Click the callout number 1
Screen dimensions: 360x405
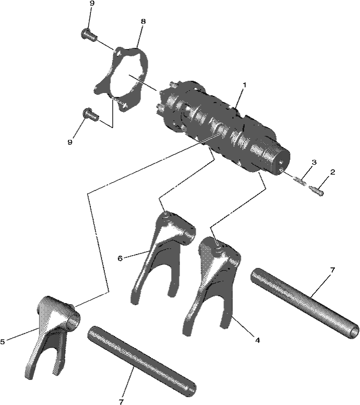(244, 85)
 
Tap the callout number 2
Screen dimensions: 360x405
(332, 172)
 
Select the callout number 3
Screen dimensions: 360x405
(314, 163)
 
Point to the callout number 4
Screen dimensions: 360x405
(257, 340)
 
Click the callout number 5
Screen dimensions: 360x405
(3, 341)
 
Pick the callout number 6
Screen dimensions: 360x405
(120, 258)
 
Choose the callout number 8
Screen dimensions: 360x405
(143, 21)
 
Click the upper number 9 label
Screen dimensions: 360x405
(92, 3)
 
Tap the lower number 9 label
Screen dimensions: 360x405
(70, 142)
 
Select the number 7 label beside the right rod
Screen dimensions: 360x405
(332, 270)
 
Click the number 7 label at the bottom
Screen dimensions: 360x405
(121, 402)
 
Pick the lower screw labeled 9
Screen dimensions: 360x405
(90, 114)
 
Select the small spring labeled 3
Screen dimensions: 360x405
(299, 180)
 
